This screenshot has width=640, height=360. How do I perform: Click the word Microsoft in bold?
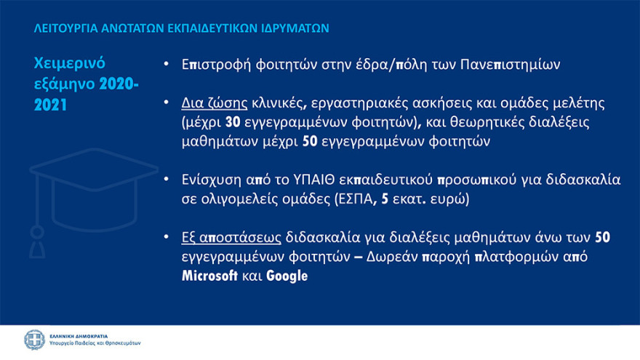pos(209,276)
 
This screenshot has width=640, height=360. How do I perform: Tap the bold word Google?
pos(287,276)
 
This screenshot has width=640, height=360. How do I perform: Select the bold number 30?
pos(233,122)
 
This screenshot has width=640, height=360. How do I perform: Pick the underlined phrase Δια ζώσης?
pos(215,103)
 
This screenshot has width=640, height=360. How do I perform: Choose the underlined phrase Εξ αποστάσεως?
pos(231,238)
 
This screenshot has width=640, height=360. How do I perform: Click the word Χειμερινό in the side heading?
pos(69,63)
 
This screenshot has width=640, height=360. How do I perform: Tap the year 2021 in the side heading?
pos(50,105)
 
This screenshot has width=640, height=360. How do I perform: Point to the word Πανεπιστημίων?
pos(511,65)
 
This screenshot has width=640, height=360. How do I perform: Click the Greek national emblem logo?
pos(34,340)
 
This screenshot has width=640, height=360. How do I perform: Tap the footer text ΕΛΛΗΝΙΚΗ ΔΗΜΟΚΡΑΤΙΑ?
pos(79,336)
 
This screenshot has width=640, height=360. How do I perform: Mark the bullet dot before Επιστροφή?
pos(166,64)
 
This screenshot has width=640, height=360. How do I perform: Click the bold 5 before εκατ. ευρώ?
pos(385,199)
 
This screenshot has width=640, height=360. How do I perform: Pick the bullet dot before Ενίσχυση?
pos(166,179)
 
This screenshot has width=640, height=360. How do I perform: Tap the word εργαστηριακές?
pos(359,103)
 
